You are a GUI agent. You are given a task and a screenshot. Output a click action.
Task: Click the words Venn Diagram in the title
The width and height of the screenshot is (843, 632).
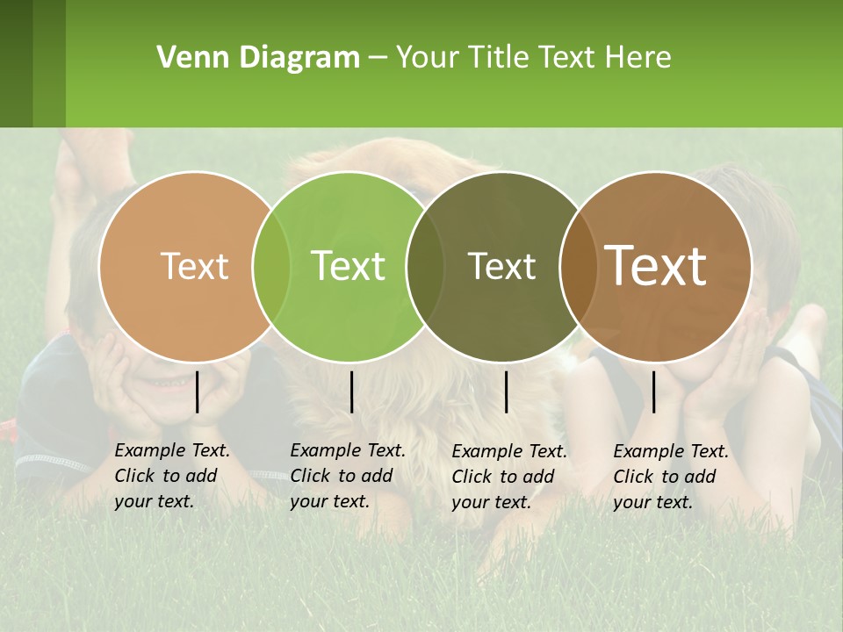(x=258, y=58)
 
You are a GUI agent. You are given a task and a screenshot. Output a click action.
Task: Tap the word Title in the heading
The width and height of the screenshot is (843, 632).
(x=498, y=58)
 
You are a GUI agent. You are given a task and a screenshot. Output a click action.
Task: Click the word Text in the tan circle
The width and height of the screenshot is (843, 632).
(x=194, y=266)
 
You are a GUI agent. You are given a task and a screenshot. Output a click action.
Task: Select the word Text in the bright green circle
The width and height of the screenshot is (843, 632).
(x=348, y=266)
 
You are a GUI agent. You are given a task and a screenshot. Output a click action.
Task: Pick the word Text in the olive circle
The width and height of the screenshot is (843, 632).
(x=501, y=266)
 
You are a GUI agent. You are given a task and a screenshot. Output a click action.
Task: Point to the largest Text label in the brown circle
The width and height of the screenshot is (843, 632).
(x=656, y=266)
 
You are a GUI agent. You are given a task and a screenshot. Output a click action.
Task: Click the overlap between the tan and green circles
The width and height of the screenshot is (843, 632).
(x=271, y=266)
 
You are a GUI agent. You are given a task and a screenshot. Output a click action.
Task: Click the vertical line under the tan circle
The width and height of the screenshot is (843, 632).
(x=198, y=391)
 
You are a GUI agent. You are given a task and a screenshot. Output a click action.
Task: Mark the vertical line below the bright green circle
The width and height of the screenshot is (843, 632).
(x=351, y=391)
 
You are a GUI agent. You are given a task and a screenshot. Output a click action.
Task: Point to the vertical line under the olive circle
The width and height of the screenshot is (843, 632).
(x=506, y=391)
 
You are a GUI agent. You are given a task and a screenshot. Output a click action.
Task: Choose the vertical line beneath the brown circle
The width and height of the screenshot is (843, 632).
(x=653, y=391)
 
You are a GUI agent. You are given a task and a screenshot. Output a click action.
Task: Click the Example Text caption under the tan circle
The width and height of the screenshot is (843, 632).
(x=171, y=476)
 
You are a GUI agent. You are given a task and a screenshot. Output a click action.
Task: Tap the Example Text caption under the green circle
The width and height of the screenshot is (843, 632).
(x=347, y=476)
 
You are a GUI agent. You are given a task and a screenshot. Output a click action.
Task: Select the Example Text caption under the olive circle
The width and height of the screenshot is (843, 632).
(x=508, y=477)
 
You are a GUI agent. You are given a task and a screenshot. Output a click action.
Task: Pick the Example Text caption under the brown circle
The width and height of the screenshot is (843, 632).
(x=670, y=477)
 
